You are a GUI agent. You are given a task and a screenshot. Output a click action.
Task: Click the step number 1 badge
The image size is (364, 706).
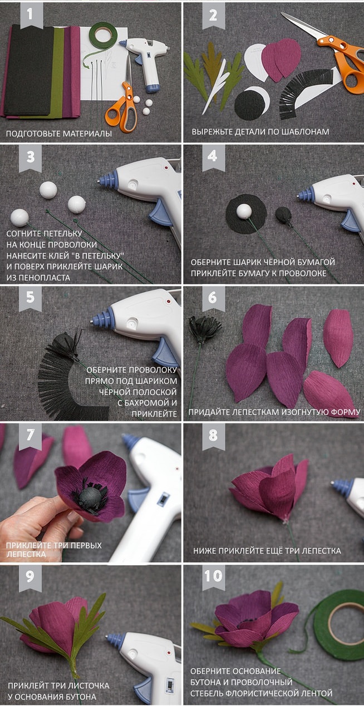[31, 16]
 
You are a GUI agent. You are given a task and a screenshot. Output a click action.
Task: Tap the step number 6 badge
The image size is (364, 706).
[213, 298]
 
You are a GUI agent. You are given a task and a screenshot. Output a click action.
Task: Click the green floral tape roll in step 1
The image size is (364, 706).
[103, 37]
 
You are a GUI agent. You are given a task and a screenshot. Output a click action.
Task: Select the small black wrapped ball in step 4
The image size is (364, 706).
[283, 215]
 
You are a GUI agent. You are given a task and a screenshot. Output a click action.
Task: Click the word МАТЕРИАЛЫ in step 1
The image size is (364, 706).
[87, 134]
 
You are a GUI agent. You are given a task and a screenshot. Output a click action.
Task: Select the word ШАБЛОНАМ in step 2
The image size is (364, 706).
[304, 131]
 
